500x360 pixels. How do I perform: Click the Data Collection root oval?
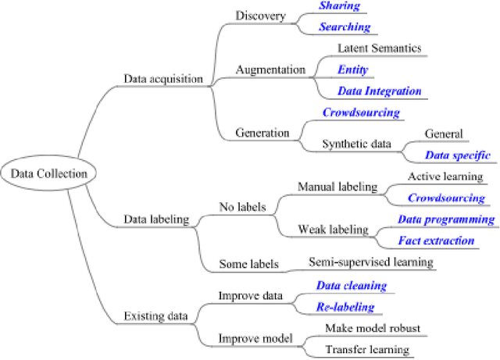[x=37, y=173]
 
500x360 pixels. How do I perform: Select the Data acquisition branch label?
[x=163, y=78]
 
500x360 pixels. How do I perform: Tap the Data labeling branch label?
[x=156, y=219]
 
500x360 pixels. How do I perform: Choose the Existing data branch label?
[x=155, y=315]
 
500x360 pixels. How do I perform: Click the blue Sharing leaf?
[x=338, y=6]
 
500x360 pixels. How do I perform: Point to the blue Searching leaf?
[x=344, y=27]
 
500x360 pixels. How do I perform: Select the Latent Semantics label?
[x=379, y=48]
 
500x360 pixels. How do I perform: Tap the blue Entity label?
[x=352, y=70]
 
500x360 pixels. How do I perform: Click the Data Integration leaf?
[x=379, y=91]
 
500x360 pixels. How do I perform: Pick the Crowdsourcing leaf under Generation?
[x=361, y=112]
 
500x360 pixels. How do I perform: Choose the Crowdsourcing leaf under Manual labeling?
[x=446, y=198]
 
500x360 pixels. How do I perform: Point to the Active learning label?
[x=445, y=176]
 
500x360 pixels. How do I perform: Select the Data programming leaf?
[x=446, y=219]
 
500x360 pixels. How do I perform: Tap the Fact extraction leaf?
[x=435, y=241]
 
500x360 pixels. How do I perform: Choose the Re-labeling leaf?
[x=345, y=307]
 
